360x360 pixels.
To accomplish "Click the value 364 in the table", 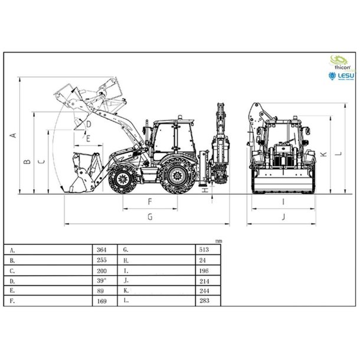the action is tap(102, 250).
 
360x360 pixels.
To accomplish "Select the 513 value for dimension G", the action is tap(204, 250).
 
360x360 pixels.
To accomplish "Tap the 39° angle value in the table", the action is tap(102, 281).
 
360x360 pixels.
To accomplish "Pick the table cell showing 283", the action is tap(204, 300).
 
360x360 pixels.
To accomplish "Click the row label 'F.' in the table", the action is tap(12, 301).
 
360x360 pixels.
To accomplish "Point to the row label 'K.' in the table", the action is tap(126, 291).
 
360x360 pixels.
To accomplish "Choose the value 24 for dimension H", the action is tap(202, 260).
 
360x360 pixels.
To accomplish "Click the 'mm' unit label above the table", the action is tap(218, 241).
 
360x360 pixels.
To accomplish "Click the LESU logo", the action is tap(341, 76).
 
